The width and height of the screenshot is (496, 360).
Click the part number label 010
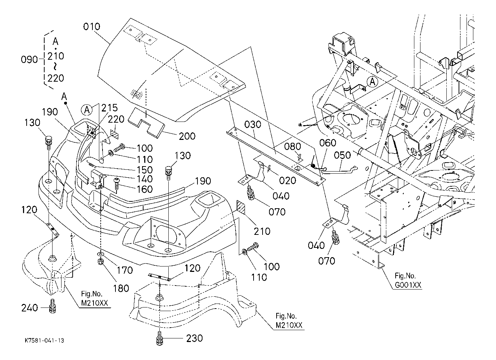(x=91, y=27)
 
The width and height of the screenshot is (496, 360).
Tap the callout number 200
(x=187, y=136)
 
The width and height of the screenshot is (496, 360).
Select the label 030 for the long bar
(x=252, y=125)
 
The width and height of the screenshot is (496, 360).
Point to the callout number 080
(x=292, y=147)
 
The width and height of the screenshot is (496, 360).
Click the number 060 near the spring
(x=328, y=143)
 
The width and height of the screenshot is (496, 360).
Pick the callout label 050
(x=342, y=155)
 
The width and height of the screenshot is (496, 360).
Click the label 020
(x=287, y=181)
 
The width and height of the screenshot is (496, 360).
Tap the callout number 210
(x=262, y=231)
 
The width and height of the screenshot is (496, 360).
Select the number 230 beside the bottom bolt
(x=195, y=338)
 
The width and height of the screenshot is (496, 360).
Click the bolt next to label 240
(x=52, y=306)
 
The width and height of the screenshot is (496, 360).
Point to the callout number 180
(x=121, y=288)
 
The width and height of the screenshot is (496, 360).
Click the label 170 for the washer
(x=125, y=270)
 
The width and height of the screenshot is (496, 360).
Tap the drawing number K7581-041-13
(x=44, y=341)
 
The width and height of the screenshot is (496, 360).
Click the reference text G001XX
(x=408, y=286)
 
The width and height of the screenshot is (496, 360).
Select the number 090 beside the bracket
(x=29, y=60)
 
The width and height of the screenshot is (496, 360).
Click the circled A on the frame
(x=372, y=82)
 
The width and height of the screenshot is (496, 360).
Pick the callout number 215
(x=109, y=108)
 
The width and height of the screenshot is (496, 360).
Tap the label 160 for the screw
(x=145, y=189)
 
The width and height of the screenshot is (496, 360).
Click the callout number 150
(x=145, y=170)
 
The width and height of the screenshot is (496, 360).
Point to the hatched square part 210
(x=241, y=207)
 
